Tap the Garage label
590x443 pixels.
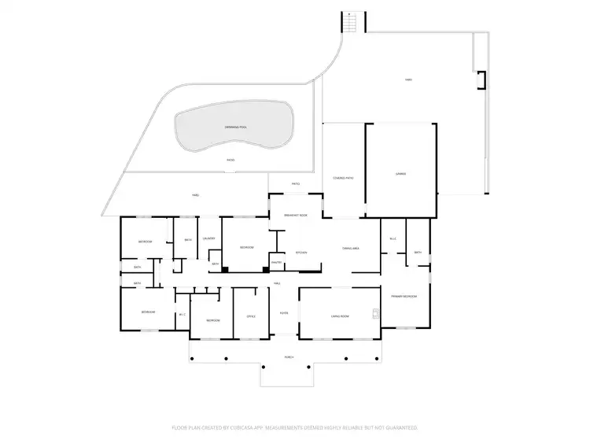pyautogui.click(x=400, y=174)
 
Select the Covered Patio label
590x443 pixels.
pyautogui.click(x=344, y=179)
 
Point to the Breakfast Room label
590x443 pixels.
pyautogui.click(x=296, y=215)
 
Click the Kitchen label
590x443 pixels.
pyautogui.click(x=301, y=253)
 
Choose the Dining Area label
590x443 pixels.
pyautogui.click(x=351, y=248)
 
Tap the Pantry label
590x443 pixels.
pyautogui.click(x=276, y=262)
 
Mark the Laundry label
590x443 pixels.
pyautogui.click(x=209, y=238)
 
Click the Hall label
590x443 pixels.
pyautogui.click(x=278, y=282)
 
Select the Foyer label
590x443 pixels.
pyautogui.click(x=284, y=312)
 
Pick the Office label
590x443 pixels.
pyautogui.click(x=251, y=316)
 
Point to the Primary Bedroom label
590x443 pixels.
pyautogui.click(x=404, y=296)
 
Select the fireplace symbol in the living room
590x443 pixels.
pyautogui.click(x=376, y=317)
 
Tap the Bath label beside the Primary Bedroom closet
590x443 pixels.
pyautogui.click(x=419, y=253)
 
